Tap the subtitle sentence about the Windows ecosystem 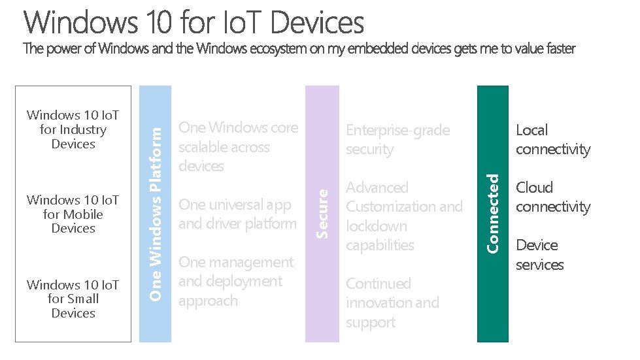pos(299,49)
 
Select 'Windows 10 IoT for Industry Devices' pos(73,129)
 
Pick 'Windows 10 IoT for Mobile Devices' pos(73,214)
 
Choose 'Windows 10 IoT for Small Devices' pos(73,299)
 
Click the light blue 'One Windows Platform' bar pos(156,214)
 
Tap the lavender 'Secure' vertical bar pos(322,214)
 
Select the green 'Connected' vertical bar pos(493,214)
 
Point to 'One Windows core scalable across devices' pos(238,147)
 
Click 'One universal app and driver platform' pos(237,214)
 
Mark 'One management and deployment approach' pos(236,282)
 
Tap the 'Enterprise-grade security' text pos(397,140)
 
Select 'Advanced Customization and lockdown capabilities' pos(404,216)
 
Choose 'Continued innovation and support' pos(392,303)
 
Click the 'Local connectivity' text pos(552,140)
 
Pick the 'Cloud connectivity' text pos(552,197)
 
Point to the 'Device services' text pos(539,255)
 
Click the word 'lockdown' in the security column pos(377,226)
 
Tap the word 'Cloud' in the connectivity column pos(534,188)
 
